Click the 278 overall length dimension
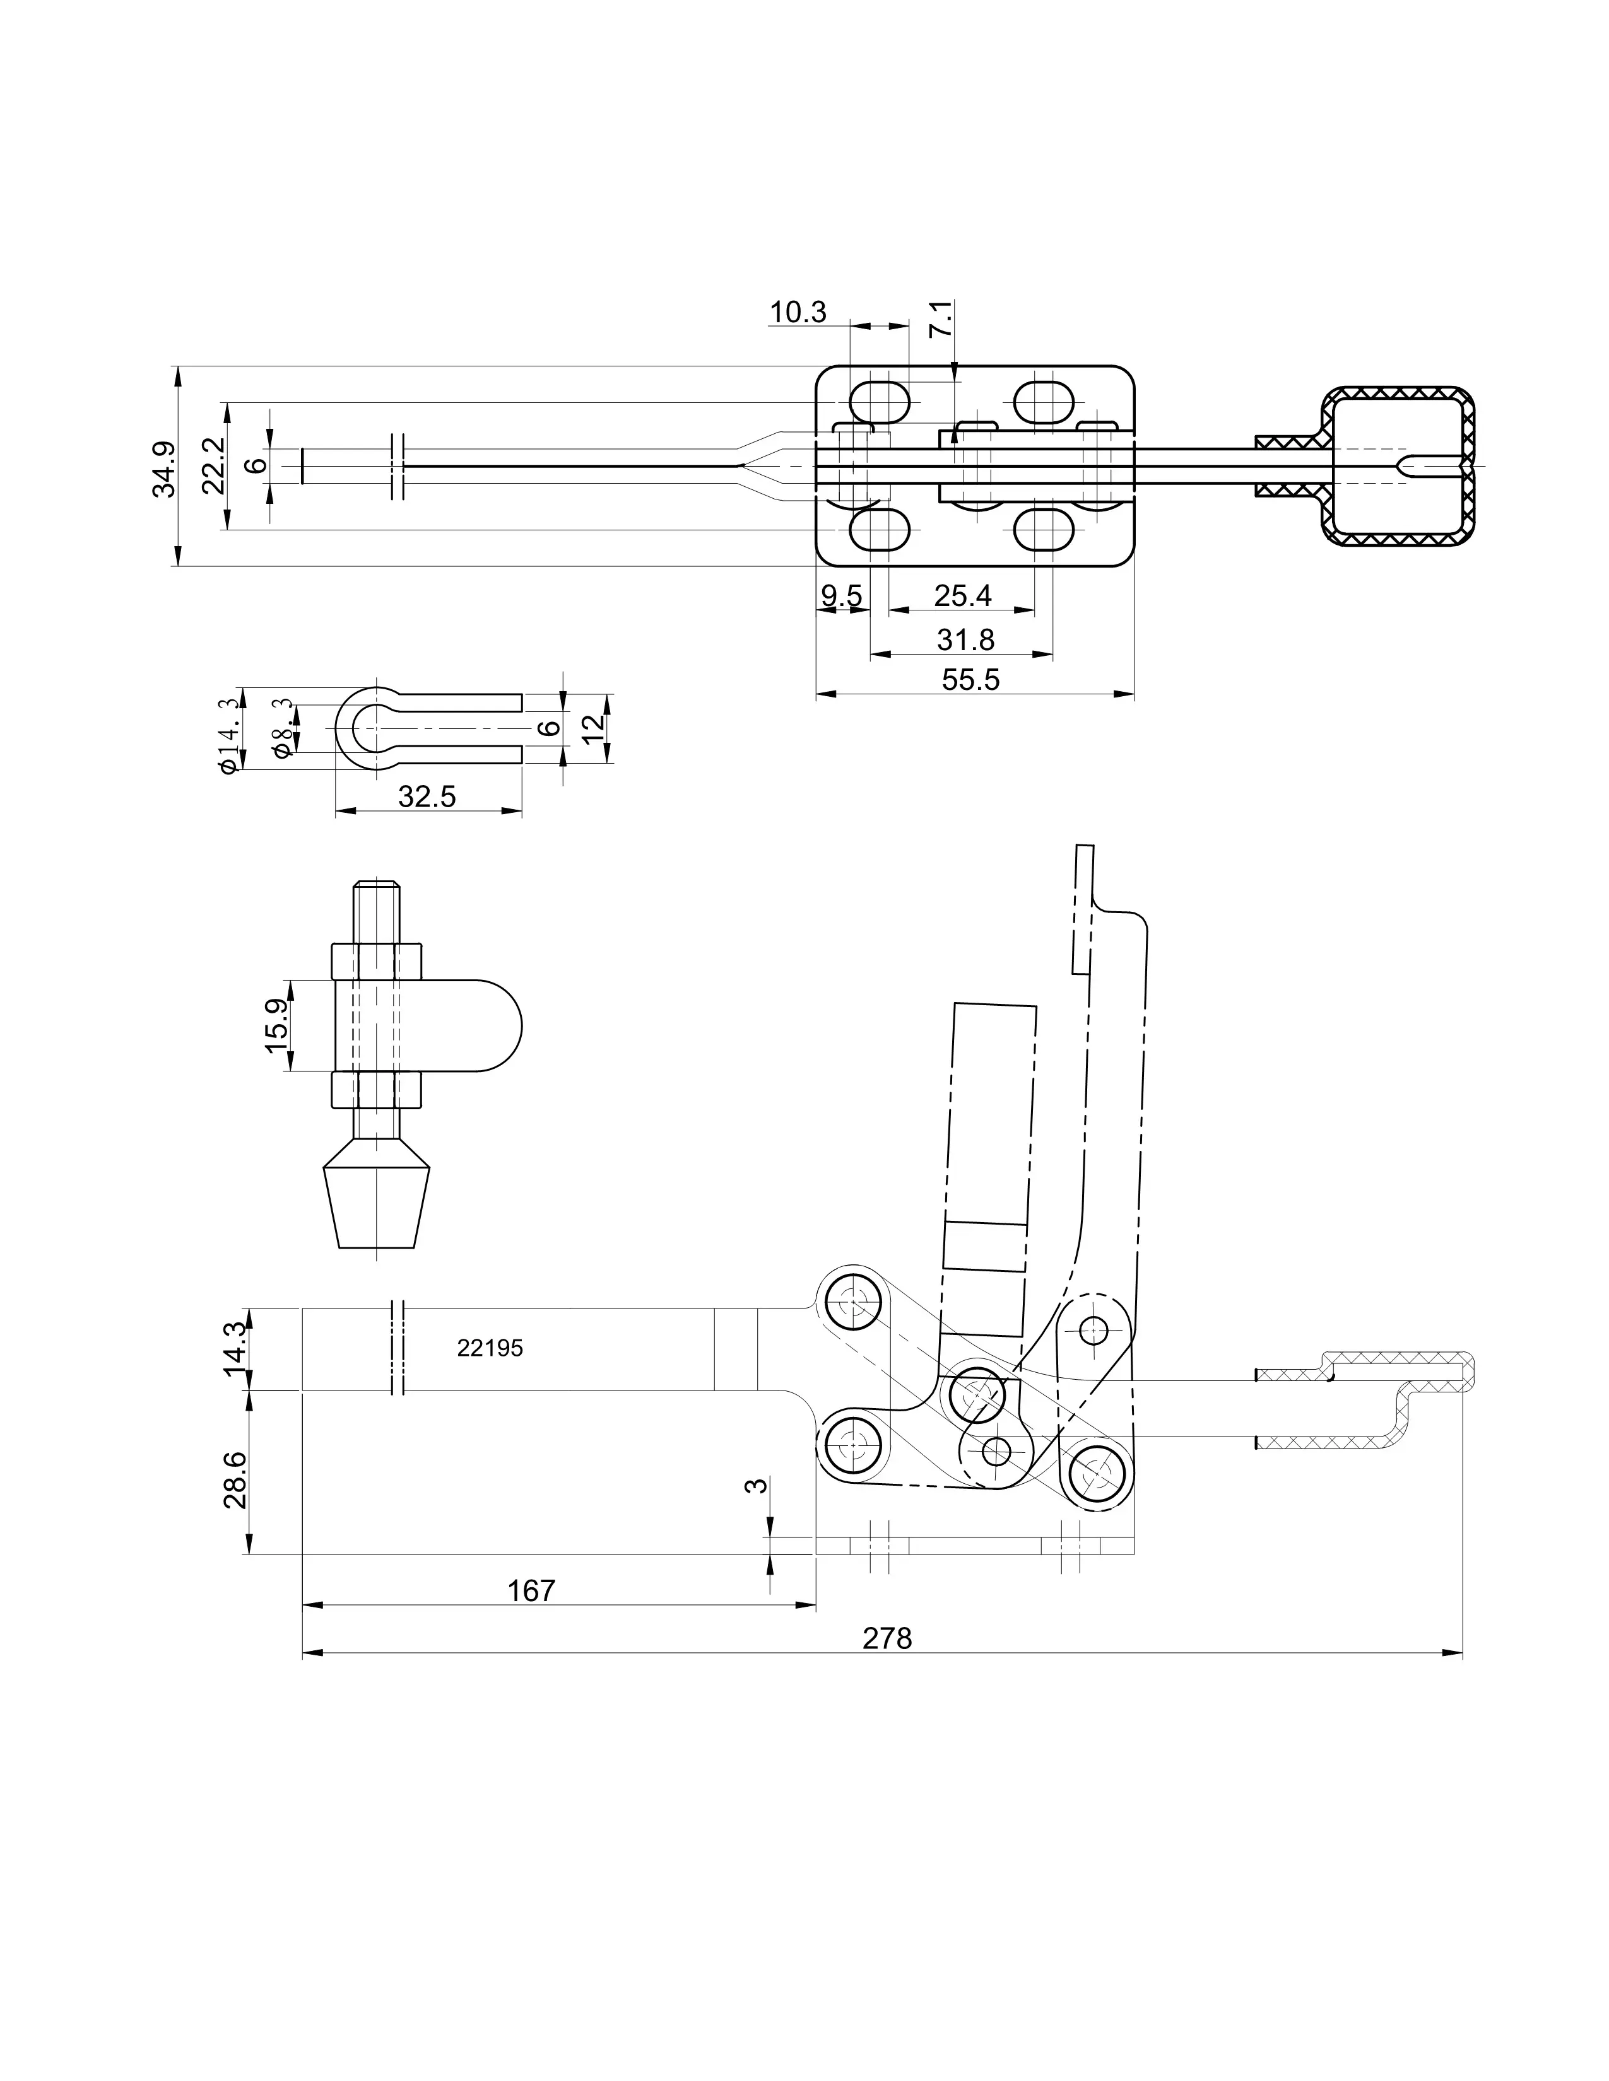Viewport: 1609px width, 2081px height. (x=887, y=1638)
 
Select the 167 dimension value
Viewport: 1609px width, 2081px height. (x=531, y=1590)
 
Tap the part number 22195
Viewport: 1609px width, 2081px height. (x=490, y=1348)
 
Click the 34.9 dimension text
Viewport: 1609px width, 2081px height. (x=164, y=468)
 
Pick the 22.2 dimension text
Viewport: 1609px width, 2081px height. (x=213, y=465)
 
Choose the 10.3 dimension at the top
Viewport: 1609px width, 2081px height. (x=798, y=312)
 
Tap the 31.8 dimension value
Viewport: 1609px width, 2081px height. (x=965, y=639)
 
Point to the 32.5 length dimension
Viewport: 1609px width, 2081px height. (x=427, y=796)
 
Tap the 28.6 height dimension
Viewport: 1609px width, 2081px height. (x=235, y=1480)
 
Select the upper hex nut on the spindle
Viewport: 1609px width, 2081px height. (x=377, y=962)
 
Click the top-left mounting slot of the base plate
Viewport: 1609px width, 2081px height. (x=879, y=401)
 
